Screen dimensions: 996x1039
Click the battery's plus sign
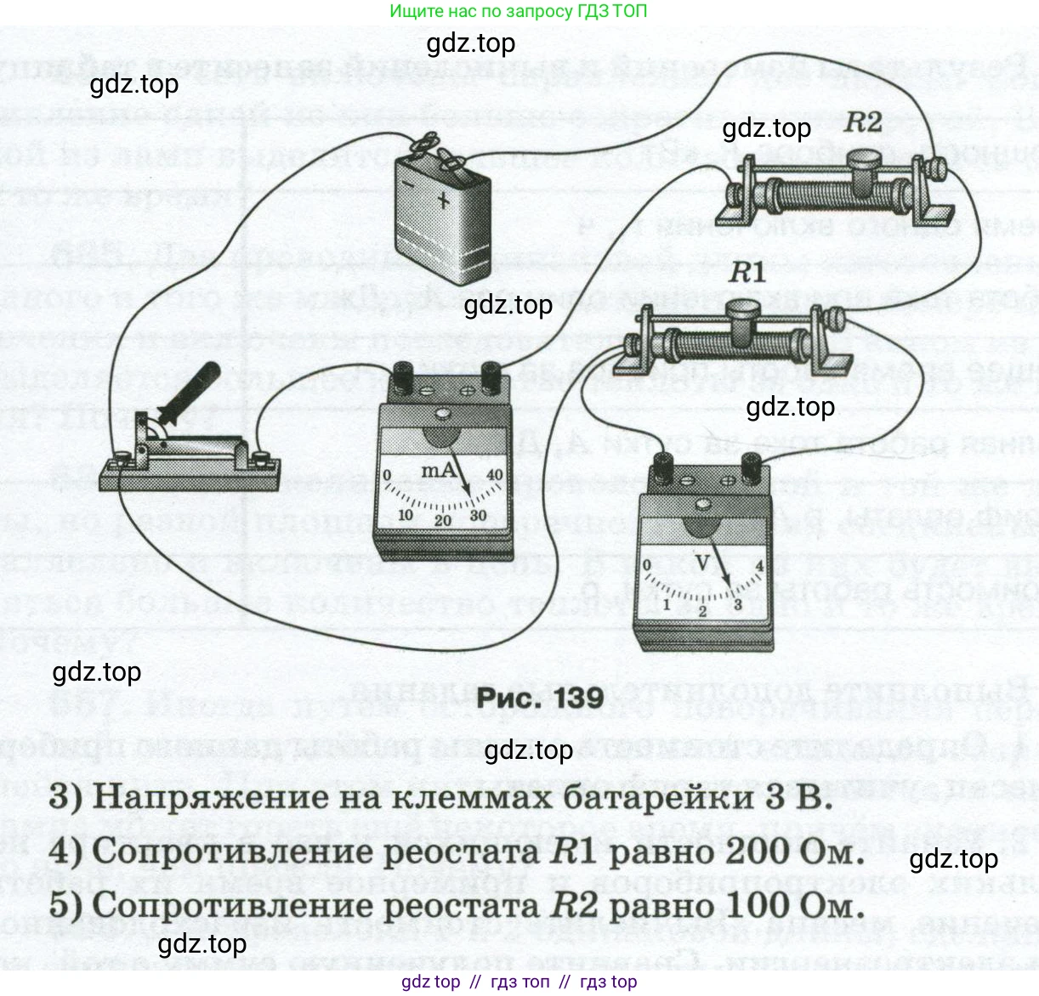click(x=444, y=200)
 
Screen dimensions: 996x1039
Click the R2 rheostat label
click(x=863, y=123)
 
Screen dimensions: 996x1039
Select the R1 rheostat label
click(x=747, y=273)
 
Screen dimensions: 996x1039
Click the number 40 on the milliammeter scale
click(x=495, y=475)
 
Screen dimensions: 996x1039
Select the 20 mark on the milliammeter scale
click(x=443, y=520)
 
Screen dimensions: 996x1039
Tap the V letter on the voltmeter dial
click(x=703, y=563)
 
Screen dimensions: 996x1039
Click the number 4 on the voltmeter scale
click(x=759, y=566)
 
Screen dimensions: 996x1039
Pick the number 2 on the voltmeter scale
click(x=702, y=611)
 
